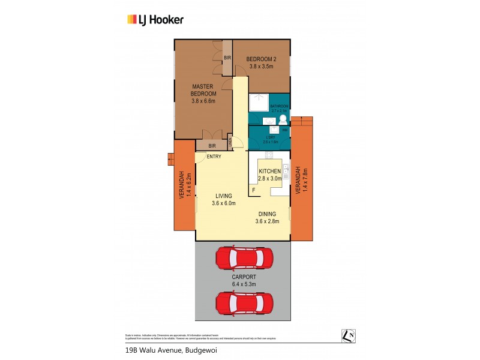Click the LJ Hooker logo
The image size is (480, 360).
[x=155, y=19]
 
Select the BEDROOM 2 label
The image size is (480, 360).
[x=261, y=59]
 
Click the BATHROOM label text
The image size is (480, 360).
[x=280, y=106]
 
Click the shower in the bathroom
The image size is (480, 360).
[x=259, y=103]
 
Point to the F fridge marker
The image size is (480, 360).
[x=253, y=190]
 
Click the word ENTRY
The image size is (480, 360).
[x=214, y=157]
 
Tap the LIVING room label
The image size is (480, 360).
[x=223, y=196]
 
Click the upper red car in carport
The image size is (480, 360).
[x=244, y=259]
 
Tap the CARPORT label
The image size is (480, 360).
[x=243, y=280]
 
